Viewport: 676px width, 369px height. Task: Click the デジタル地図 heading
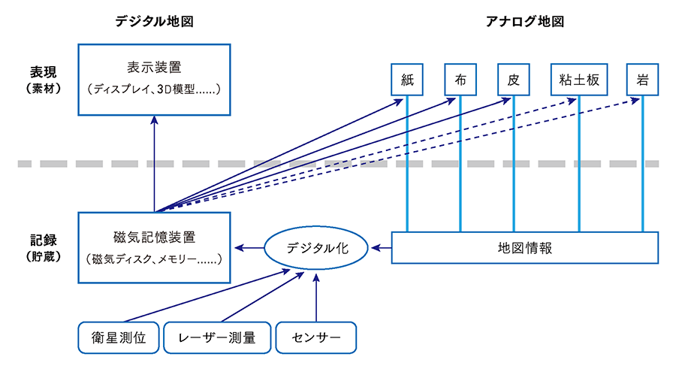click(154, 21)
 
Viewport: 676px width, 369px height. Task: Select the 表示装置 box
click(155, 79)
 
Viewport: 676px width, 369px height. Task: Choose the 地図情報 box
click(524, 247)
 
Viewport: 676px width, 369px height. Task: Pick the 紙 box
click(407, 79)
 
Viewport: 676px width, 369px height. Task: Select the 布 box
click(460, 79)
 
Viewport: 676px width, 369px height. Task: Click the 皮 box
click(514, 79)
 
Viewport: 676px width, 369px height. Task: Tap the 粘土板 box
click(579, 79)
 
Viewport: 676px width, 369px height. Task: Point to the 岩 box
click(643, 79)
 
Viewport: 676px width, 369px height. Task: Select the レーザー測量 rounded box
click(217, 338)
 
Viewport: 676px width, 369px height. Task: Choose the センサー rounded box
click(315, 338)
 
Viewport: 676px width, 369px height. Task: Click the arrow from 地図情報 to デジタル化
click(382, 247)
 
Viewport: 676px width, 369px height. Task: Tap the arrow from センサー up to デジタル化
click(317, 297)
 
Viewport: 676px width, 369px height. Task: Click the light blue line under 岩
click(643, 165)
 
